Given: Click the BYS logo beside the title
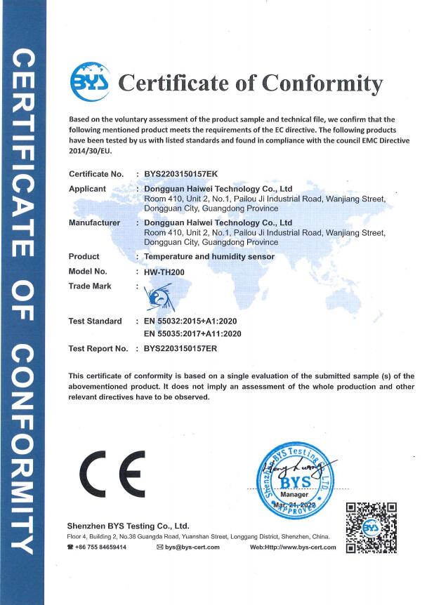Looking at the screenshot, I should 91,82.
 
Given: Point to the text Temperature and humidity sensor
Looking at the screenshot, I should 209,257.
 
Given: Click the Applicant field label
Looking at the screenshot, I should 87,189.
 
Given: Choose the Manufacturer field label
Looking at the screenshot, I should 92,222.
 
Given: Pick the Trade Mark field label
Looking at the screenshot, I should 90,286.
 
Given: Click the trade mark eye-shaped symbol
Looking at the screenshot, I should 156,298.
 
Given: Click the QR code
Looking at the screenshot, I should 372,527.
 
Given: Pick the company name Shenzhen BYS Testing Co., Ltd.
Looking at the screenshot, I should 128,525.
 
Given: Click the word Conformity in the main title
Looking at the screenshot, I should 322,83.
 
